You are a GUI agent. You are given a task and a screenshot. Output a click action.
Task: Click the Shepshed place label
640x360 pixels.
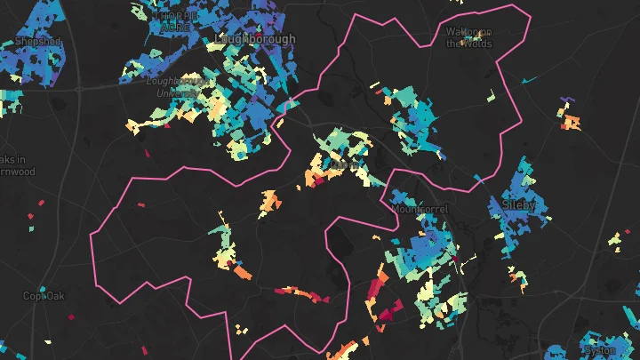tap(37, 42)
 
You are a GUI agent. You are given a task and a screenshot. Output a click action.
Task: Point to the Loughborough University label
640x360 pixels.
tap(180, 85)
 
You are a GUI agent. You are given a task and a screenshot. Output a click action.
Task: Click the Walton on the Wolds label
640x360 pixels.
tap(468, 37)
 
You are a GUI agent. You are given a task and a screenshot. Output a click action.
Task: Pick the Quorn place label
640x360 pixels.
tap(344, 164)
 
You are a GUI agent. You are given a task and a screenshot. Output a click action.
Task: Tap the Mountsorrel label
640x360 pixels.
tap(420, 209)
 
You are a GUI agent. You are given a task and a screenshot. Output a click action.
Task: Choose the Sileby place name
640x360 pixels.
tap(519, 205)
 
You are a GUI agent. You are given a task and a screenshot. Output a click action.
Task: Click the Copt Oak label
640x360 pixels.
tap(44, 296)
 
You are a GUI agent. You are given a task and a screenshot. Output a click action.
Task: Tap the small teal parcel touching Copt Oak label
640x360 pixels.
tap(65, 290)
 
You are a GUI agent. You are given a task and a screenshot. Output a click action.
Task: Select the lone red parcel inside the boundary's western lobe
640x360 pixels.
tap(140, 204)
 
